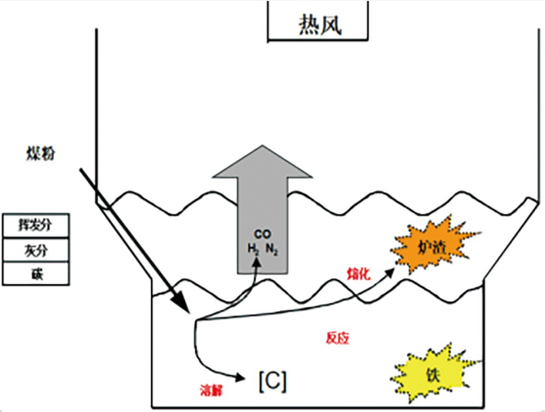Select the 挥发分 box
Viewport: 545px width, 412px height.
coord(34,224)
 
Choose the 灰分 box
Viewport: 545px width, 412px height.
coord(34,249)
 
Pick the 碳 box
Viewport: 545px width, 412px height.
coord(34,272)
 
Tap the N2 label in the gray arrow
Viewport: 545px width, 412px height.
coord(272,249)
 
